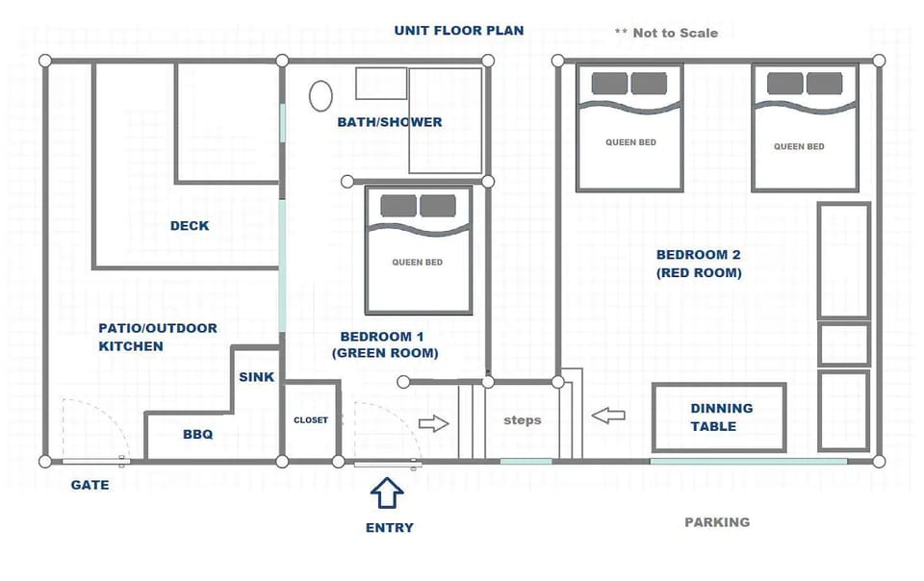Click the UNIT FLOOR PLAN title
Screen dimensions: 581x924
pyautogui.click(x=459, y=31)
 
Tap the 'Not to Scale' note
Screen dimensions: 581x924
pyautogui.click(x=667, y=33)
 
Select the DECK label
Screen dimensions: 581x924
pyautogui.click(x=190, y=226)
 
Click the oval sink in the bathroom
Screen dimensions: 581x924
pyautogui.click(x=321, y=95)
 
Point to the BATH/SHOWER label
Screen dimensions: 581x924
pyautogui.click(x=390, y=122)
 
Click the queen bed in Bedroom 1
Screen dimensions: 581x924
pyautogui.click(x=418, y=250)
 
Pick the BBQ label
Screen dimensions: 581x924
pyautogui.click(x=197, y=435)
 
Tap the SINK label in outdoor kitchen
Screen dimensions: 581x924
pyautogui.click(x=257, y=377)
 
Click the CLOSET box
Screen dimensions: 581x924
pyautogui.click(x=311, y=420)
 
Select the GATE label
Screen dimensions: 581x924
pyautogui.click(x=90, y=486)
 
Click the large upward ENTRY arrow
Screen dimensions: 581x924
pyautogui.click(x=387, y=493)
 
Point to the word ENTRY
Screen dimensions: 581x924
pyautogui.click(x=390, y=527)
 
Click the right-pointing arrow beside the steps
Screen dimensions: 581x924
pyautogui.click(x=434, y=423)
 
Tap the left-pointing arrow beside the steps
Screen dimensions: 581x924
pyautogui.click(x=608, y=416)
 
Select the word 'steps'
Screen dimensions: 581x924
pyautogui.click(x=523, y=420)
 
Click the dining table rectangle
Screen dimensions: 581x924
pyautogui.click(x=719, y=417)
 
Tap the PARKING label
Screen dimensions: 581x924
pyautogui.click(x=717, y=522)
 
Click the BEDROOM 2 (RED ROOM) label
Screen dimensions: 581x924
pyautogui.click(x=699, y=264)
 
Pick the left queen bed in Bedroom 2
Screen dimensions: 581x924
pyautogui.click(x=629, y=127)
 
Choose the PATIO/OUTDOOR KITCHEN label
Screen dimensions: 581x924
pyautogui.click(x=158, y=337)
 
